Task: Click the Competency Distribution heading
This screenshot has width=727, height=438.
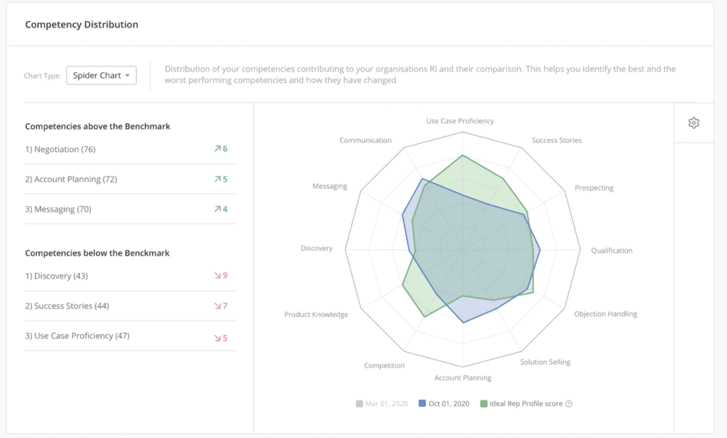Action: pos(81,25)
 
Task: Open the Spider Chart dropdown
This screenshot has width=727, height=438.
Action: pos(101,76)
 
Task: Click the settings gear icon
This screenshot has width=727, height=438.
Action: pos(694,123)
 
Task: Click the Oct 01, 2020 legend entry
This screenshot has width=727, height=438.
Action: pos(445,403)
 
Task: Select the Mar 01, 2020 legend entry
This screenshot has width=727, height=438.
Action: pos(382,403)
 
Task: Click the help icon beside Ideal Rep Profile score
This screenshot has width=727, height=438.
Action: pos(569,404)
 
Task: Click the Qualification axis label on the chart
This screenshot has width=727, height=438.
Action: pos(611,250)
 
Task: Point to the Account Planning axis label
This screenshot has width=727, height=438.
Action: pos(463,378)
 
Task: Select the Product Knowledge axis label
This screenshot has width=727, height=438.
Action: pos(316,314)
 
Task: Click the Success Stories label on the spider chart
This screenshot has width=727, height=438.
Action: pos(556,140)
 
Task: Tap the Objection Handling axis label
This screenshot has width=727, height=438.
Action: pos(605,314)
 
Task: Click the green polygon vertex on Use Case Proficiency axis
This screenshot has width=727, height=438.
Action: pos(463,155)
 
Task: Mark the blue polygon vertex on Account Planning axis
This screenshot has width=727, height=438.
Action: pos(463,323)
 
